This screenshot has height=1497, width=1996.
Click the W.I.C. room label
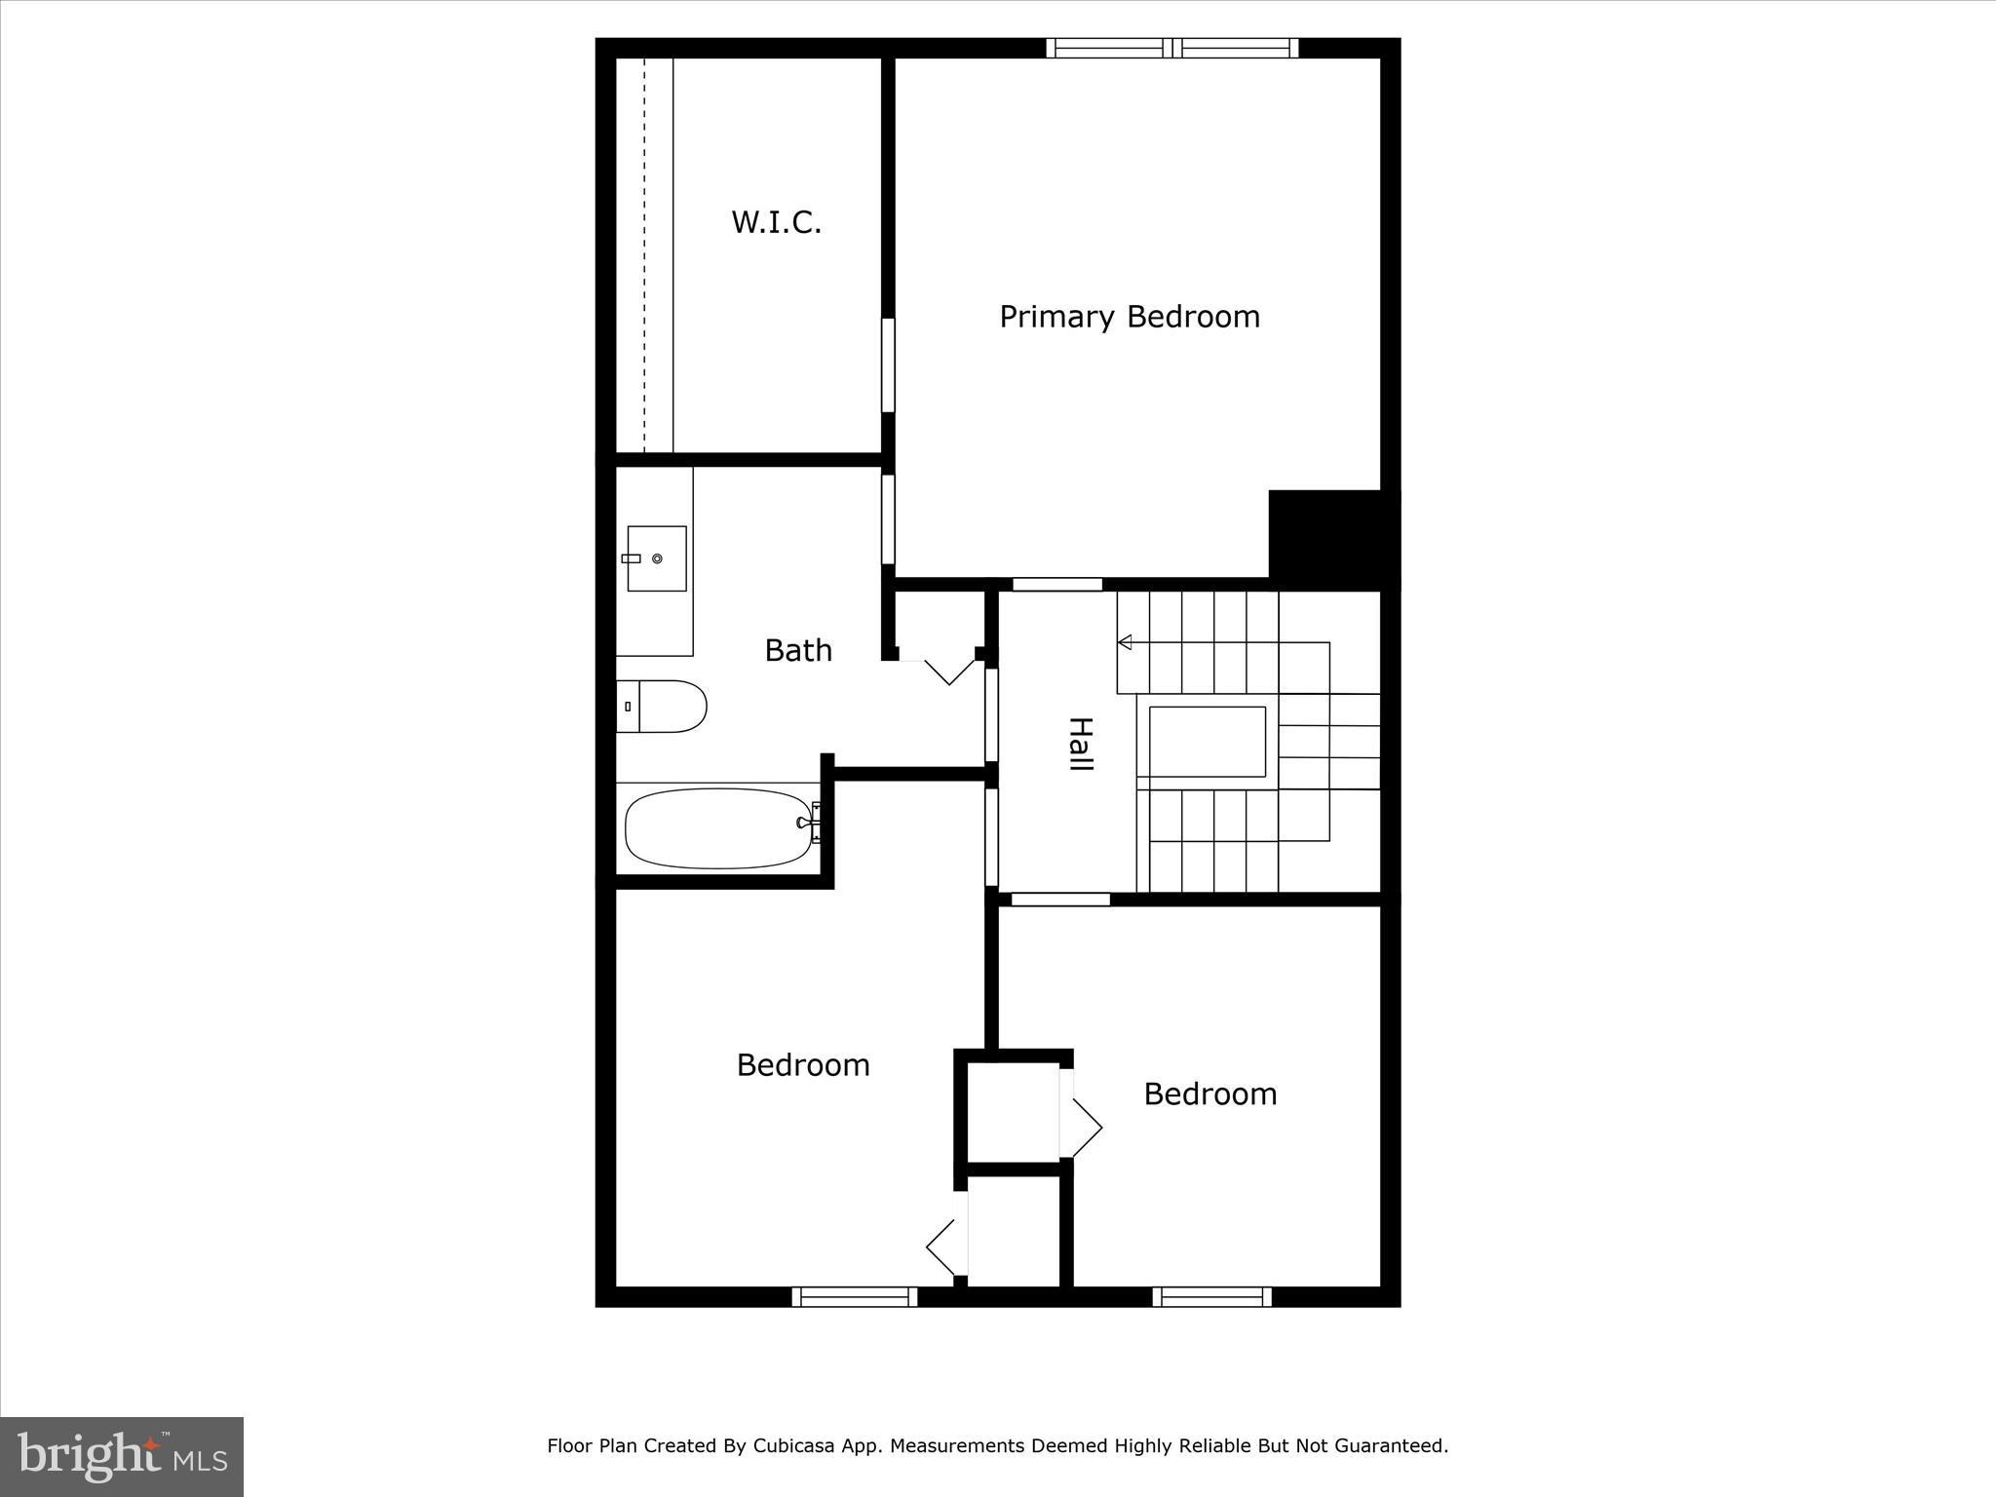pos(777,222)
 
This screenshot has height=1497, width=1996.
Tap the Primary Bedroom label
pos(1129,317)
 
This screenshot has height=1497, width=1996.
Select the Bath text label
pos(798,650)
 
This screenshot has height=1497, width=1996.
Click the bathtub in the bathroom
pos(718,827)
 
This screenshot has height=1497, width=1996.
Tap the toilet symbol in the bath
pos(662,706)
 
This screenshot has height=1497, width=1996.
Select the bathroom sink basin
pos(656,558)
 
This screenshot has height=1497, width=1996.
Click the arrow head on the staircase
pos(1125,641)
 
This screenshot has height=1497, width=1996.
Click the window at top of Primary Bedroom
pos(1172,48)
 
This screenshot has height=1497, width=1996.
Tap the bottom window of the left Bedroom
pos(855,1296)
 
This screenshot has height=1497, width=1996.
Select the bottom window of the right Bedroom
pos(1211,1296)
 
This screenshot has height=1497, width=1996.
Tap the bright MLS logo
pos(122,1456)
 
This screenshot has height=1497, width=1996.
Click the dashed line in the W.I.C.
pos(644,253)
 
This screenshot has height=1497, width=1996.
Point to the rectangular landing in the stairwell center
pos(1207,742)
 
